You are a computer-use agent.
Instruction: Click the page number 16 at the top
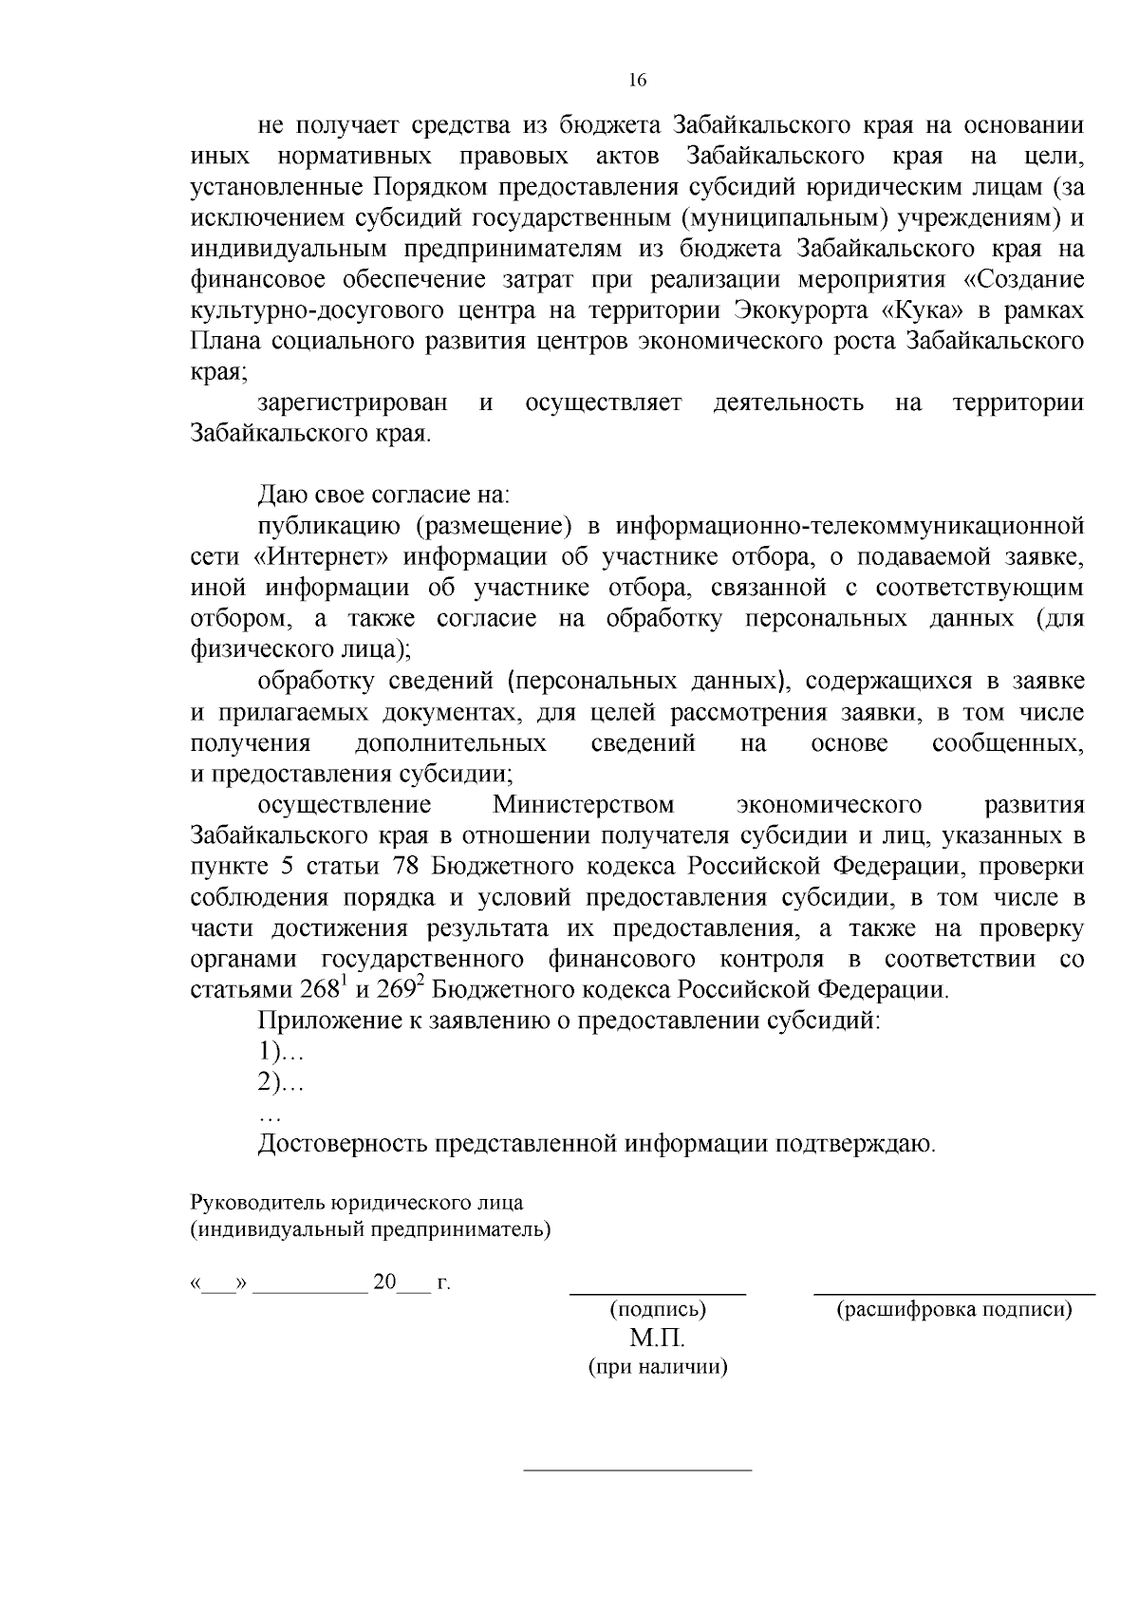point(637,81)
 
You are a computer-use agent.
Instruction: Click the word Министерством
point(583,805)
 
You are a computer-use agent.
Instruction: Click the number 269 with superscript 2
point(400,989)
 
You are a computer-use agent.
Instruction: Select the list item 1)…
point(280,1052)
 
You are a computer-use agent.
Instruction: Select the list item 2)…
point(280,1082)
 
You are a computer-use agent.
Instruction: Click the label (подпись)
point(657,1310)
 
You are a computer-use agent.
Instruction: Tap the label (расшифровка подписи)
point(953,1310)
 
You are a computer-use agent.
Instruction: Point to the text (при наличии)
point(657,1368)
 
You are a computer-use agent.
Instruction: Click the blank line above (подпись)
point(657,1293)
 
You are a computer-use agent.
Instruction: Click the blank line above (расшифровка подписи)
point(953,1293)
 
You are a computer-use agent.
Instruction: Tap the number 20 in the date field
point(384,1283)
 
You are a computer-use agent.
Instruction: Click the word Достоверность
point(343,1144)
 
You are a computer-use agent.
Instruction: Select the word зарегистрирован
point(352,403)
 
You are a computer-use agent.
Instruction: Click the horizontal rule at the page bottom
point(638,1471)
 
